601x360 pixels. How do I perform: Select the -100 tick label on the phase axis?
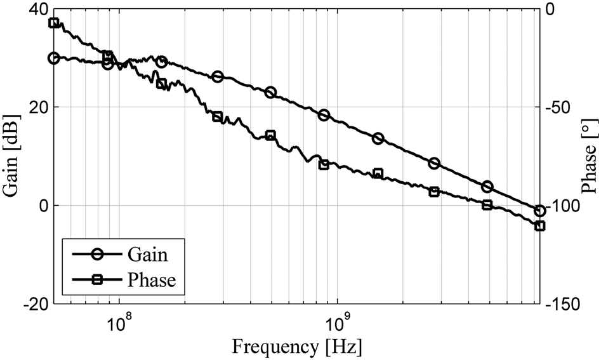coord(561,206)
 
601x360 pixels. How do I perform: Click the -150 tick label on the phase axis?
coord(561,305)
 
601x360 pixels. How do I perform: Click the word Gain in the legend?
coord(147,255)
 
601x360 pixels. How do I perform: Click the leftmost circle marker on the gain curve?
coord(54,58)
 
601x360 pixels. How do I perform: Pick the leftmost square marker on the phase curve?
coord(54,23)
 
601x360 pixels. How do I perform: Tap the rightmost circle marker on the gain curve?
coord(540,211)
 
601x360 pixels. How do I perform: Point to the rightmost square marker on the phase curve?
coord(540,226)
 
